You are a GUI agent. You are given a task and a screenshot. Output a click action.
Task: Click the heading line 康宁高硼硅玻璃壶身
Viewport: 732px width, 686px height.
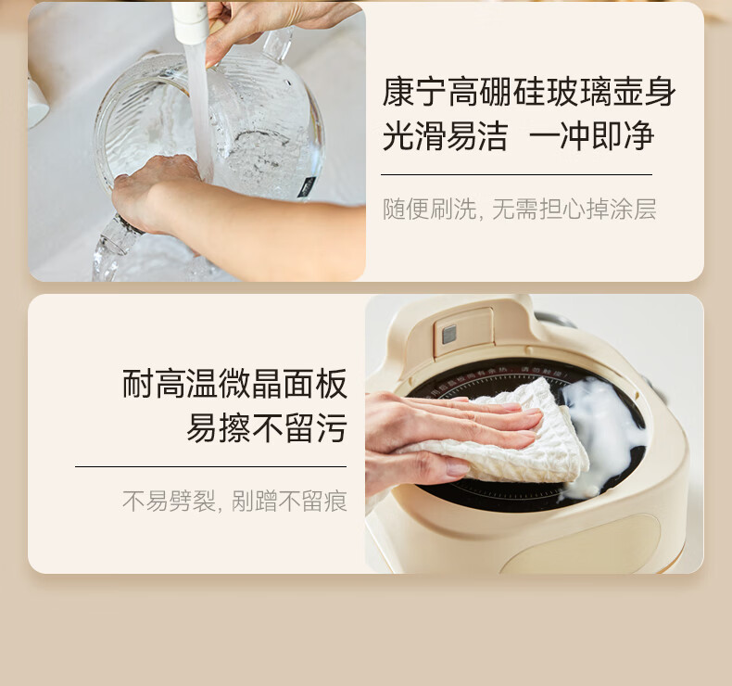coord(529,93)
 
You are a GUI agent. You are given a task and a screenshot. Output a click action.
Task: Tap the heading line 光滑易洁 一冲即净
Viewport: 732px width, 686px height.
coord(518,137)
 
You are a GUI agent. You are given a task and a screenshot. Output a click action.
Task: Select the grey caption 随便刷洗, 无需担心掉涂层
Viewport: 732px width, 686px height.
coord(519,210)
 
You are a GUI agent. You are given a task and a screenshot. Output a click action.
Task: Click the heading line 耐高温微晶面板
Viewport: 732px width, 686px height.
coord(234,384)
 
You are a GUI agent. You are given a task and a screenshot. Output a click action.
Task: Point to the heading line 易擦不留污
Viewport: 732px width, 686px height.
coord(267,428)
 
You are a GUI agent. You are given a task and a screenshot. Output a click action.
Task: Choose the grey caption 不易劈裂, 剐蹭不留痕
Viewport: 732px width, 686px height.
coord(234,502)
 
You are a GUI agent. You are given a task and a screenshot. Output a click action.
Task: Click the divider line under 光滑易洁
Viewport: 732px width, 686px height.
coord(516,174)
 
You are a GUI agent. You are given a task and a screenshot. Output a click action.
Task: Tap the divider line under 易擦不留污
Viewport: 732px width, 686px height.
coord(210,466)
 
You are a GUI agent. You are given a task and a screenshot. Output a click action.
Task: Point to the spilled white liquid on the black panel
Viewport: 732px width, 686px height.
coord(607,426)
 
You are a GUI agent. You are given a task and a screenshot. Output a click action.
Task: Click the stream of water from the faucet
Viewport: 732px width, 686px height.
coord(198,102)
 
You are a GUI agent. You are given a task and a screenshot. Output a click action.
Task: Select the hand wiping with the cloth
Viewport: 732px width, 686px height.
coord(435,431)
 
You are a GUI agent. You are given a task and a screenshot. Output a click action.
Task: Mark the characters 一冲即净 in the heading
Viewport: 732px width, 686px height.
coord(592,137)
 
